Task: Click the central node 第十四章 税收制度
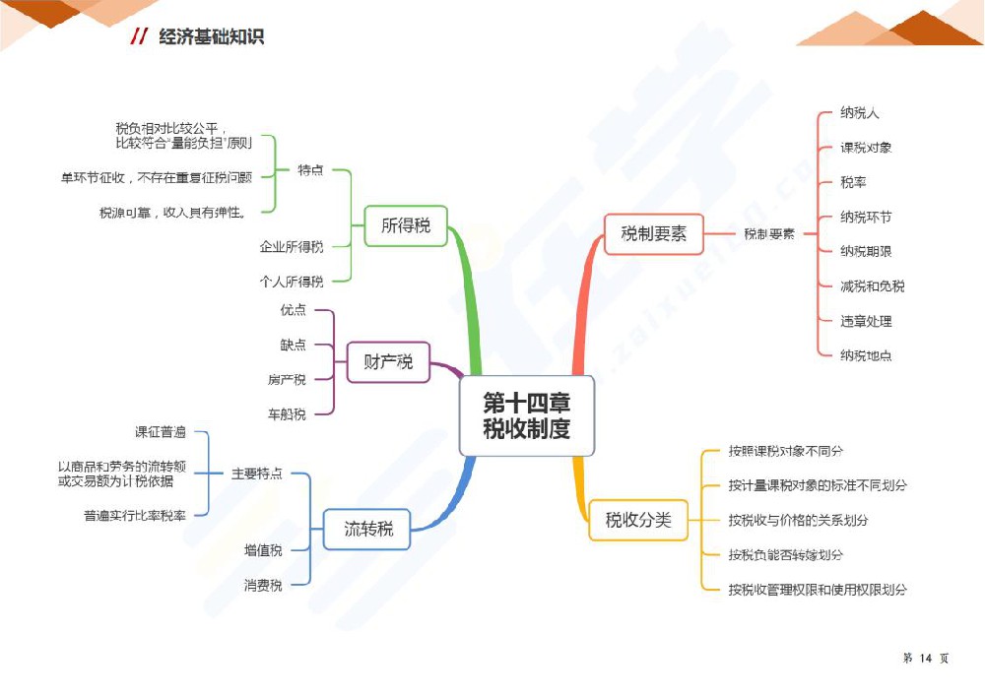pyautogui.click(x=526, y=415)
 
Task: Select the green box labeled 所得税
pyautogui.click(x=405, y=225)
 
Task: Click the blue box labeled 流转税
pyautogui.click(x=367, y=529)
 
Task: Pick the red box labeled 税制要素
pyautogui.click(x=653, y=234)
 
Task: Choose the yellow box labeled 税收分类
pyautogui.click(x=637, y=519)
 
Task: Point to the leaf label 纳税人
pyautogui.click(x=859, y=113)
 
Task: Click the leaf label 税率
pyautogui.click(x=853, y=182)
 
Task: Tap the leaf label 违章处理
pyautogui.click(x=866, y=321)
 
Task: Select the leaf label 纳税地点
pyautogui.click(x=866, y=355)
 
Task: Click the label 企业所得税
pyautogui.click(x=291, y=246)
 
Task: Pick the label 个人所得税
pyautogui.click(x=291, y=282)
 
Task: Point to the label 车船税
pyautogui.click(x=287, y=414)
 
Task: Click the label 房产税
pyautogui.click(x=287, y=380)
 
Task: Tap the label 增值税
pyautogui.click(x=263, y=550)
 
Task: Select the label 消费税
pyautogui.click(x=263, y=586)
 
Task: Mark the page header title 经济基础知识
pyautogui.click(x=211, y=37)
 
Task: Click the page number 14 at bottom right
pyautogui.click(x=925, y=659)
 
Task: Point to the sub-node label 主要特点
pyautogui.click(x=256, y=474)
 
